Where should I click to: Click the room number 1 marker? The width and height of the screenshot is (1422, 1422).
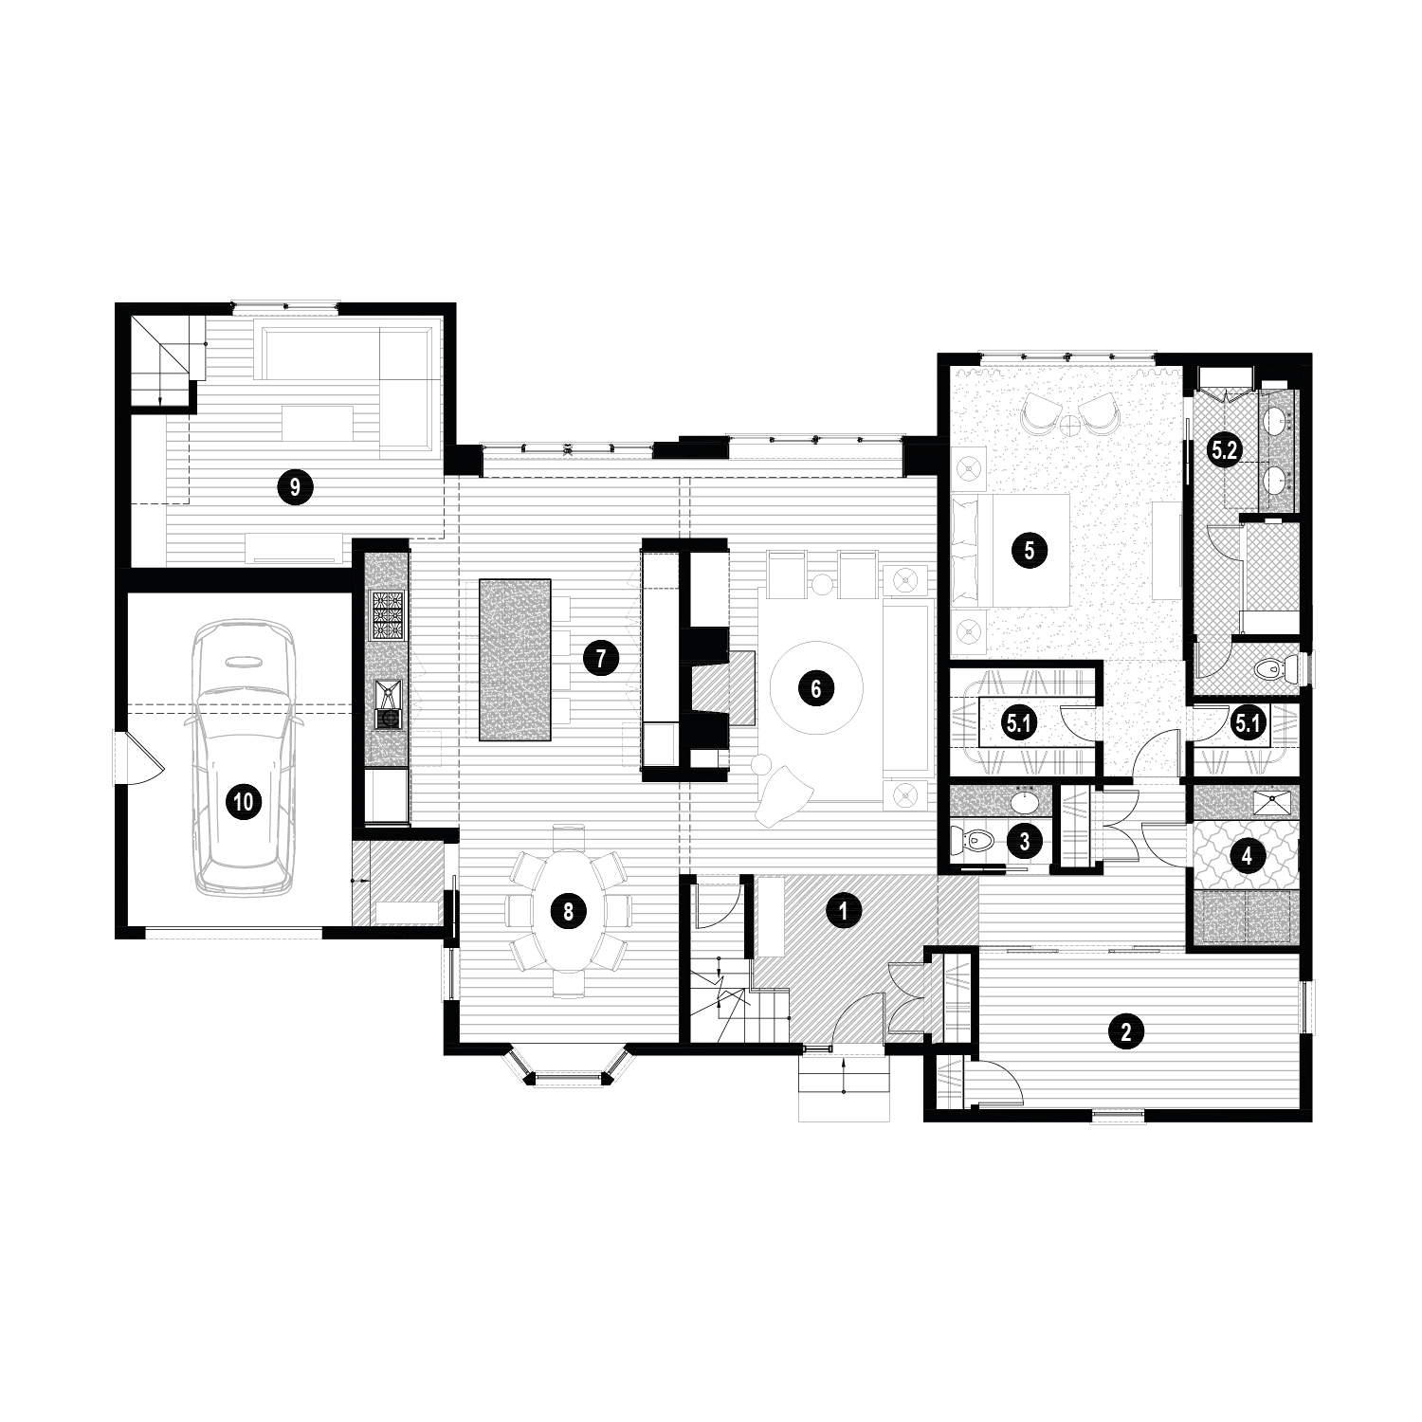click(839, 911)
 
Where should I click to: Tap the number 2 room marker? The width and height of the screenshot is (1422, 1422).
click(1125, 1030)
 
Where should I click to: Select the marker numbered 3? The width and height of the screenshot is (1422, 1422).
click(1025, 839)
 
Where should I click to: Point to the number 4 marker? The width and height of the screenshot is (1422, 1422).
click(1248, 856)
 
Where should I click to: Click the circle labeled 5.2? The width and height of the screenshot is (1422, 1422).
click(1225, 450)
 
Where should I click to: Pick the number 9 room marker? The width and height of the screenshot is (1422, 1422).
click(295, 487)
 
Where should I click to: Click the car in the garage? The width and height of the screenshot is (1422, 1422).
click(244, 758)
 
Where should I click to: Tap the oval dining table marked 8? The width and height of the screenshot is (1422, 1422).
click(568, 911)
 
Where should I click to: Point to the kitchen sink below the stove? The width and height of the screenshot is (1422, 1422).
click(388, 703)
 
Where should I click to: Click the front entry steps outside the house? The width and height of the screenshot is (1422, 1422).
click(844, 1087)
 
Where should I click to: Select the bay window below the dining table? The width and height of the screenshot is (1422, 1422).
click(568, 1072)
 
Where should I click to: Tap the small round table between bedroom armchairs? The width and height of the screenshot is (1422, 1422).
click(1071, 424)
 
